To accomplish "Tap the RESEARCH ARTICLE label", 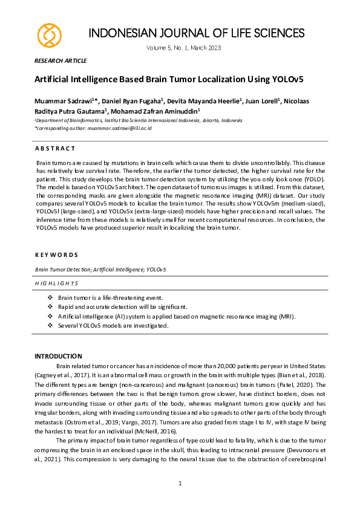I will [61, 61].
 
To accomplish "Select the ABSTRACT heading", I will [55, 148].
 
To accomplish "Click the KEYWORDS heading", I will [56, 255].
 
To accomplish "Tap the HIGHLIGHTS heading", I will [56, 283].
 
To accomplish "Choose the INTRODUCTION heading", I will [58, 356].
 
